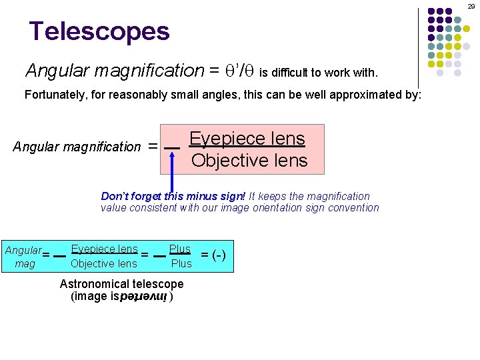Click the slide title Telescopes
tap(99, 31)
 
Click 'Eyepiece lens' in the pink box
tap(247, 139)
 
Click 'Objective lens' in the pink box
tap(249, 161)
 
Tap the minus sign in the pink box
tap(172, 147)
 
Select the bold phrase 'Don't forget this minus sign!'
tap(173, 196)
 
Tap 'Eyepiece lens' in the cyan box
tap(104, 249)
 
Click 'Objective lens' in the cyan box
tap(103, 263)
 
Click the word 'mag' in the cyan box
tap(25, 264)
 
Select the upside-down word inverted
tap(147, 296)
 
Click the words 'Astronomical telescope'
tap(121, 284)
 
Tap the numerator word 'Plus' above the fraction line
tap(180, 249)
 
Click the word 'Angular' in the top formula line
tap(55, 70)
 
